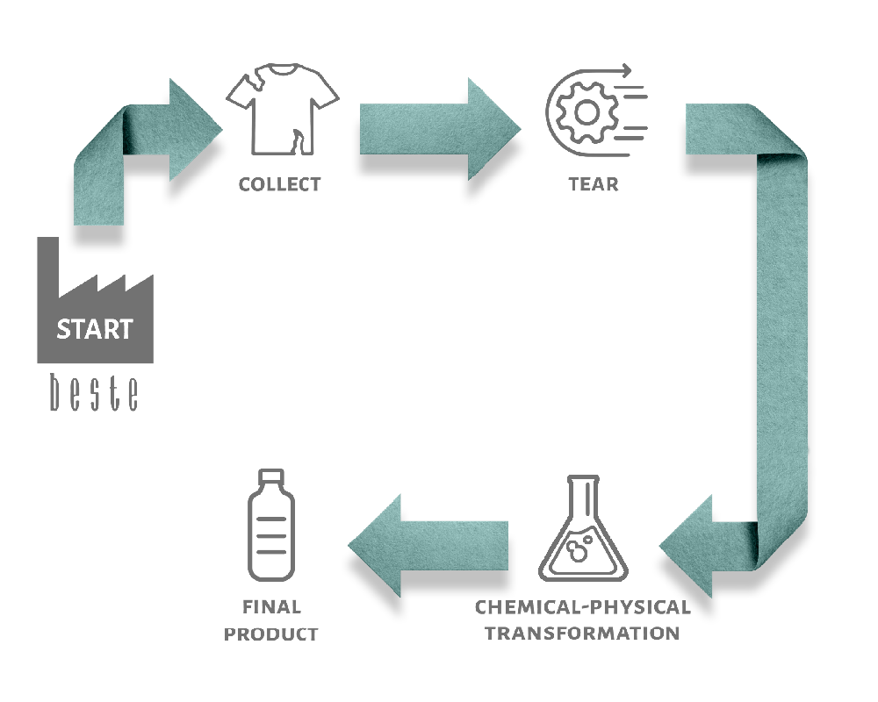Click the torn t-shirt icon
click(282, 109)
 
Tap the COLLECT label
click(279, 184)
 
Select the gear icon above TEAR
click(587, 112)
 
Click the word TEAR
click(594, 184)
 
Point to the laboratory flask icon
click(583, 528)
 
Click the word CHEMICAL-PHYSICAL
click(582, 607)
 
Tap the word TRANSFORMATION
click(582, 634)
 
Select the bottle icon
click(271, 525)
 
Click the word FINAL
click(271, 607)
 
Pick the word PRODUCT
click(271, 634)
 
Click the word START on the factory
click(95, 329)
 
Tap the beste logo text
click(94, 392)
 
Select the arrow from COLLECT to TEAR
click(440, 129)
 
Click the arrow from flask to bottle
click(428, 546)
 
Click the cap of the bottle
click(271, 477)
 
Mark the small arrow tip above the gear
click(627, 70)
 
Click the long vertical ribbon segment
click(782, 336)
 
